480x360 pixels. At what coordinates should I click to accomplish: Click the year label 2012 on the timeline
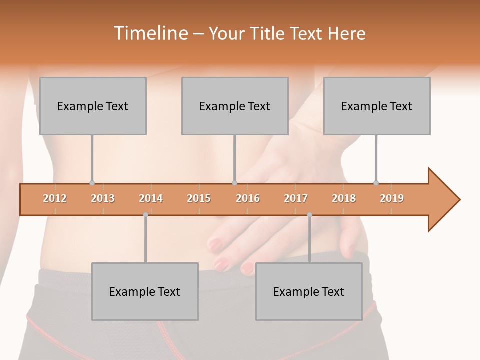point(55,198)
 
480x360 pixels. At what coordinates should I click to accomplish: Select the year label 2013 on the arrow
point(103,198)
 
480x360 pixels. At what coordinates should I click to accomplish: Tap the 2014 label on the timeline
point(151,198)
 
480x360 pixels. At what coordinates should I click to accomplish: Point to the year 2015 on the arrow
point(199,198)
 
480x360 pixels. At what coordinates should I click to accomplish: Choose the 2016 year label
point(248,198)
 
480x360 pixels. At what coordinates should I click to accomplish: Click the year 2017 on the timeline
point(296,198)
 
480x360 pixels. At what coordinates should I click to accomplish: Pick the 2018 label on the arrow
point(344,198)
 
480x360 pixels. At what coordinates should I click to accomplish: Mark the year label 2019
point(392,198)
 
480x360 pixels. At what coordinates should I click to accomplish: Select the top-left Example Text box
point(93,106)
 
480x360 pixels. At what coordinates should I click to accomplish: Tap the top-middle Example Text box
point(235,106)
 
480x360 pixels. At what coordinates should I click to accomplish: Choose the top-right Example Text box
point(377,106)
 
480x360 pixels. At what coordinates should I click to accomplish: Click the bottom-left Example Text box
point(145,292)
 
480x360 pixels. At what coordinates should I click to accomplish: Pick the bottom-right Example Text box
point(309,292)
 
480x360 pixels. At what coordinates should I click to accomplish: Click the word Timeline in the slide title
point(150,33)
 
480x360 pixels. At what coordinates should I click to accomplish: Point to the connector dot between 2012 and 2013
point(92,183)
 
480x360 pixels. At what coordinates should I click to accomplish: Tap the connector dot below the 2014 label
point(145,215)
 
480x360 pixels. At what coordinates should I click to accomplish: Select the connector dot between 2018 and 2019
point(376,183)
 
